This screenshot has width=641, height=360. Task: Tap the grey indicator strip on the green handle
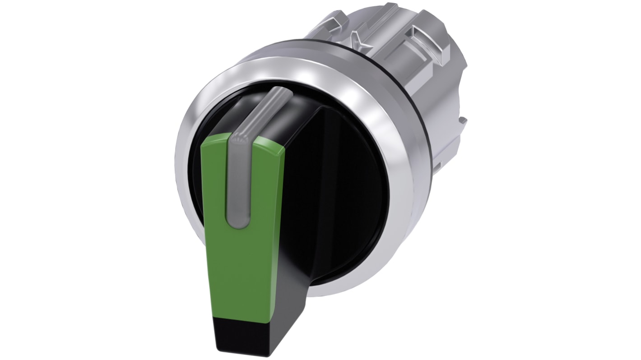(x=238, y=180)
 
